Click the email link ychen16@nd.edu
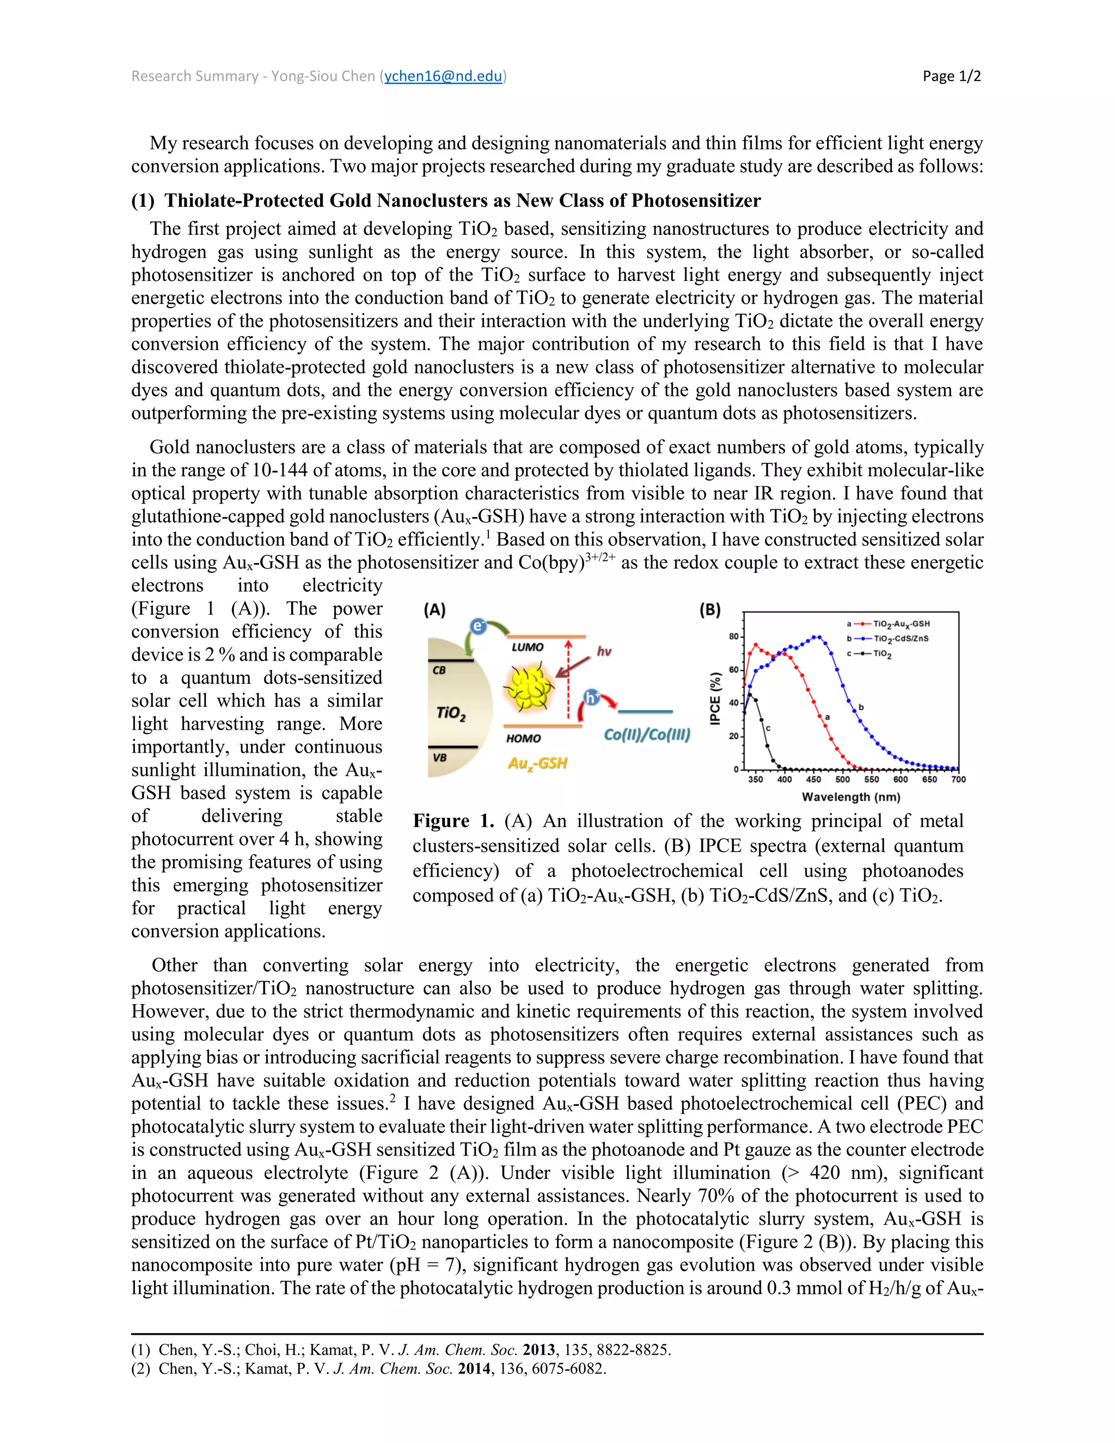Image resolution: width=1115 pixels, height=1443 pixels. pyautogui.click(x=443, y=76)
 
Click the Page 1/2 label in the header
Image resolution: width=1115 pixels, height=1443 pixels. pyautogui.click(x=951, y=76)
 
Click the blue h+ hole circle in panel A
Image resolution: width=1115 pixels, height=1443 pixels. pyautogui.click(x=592, y=697)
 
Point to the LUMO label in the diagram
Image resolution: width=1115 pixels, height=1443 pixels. pyautogui.click(x=527, y=647)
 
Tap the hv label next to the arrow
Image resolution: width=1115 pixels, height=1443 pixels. pyautogui.click(x=604, y=651)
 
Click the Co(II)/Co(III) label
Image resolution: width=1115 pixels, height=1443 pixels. pyautogui.click(x=647, y=735)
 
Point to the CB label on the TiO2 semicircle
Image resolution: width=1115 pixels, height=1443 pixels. pyautogui.click(x=439, y=670)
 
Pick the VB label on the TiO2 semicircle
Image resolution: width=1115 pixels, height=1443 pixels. pyautogui.click(x=439, y=758)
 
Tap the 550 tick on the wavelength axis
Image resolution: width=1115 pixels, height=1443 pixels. pyautogui.click(x=871, y=780)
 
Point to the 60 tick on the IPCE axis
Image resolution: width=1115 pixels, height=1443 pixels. pyautogui.click(x=733, y=670)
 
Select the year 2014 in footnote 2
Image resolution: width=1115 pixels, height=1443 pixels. pyautogui.click(x=474, y=1368)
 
